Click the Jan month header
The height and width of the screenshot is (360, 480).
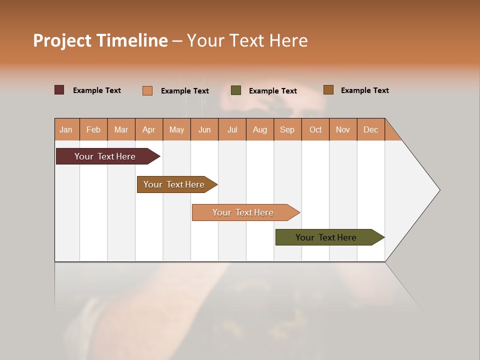click(x=66, y=129)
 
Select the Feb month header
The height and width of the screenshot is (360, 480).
click(x=93, y=129)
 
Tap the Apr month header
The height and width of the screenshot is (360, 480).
click(x=148, y=129)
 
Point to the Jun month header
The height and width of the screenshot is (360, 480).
click(x=204, y=129)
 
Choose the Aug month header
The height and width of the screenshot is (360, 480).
click(x=259, y=129)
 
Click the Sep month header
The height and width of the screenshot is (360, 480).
click(x=287, y=129)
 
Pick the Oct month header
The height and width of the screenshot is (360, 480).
click(x=315, y=129)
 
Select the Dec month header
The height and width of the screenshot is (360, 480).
click(x=370, y=129)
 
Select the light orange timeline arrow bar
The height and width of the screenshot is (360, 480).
click(x=244, y=212)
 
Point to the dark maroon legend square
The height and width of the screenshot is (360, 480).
click(x=59, y=90)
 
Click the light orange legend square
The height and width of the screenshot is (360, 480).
click(x=147, y=90)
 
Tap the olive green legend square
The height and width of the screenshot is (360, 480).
click(x=236, y=90)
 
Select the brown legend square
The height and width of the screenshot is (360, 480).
click(x=328, y=90)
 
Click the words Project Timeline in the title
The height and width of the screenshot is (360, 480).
click(x=100, y=40)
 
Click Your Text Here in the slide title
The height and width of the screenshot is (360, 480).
click(x=247, y=40)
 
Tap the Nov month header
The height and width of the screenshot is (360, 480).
click(x=343, y=129)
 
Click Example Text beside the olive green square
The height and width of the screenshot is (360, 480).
click(x=273, y=91)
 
